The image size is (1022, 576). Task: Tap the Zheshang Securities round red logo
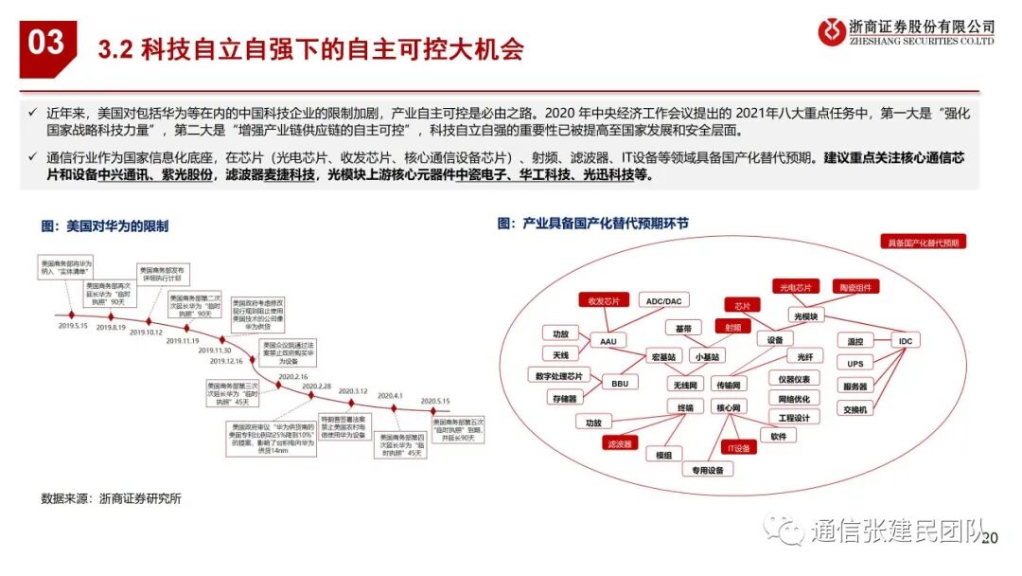(831, 31)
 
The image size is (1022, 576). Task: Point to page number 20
(992, 539)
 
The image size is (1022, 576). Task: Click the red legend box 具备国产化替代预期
(922, 243)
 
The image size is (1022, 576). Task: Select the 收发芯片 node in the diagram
(603, 300)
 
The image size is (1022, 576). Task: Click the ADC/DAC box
(663, 300)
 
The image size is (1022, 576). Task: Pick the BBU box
(620, 384)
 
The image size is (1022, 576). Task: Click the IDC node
(903, 340)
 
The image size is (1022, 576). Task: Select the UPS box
(855, 364)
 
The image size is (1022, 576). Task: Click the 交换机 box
(855, 409)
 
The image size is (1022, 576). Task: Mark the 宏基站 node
(663, 357)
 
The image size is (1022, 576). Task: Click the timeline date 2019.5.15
(72, 325)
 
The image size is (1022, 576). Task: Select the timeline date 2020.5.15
(435, 401)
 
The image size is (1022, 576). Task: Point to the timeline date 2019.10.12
(146, 333)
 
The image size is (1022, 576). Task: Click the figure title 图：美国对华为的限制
(104, 225)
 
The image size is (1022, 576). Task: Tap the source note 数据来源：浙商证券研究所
(111, 498)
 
